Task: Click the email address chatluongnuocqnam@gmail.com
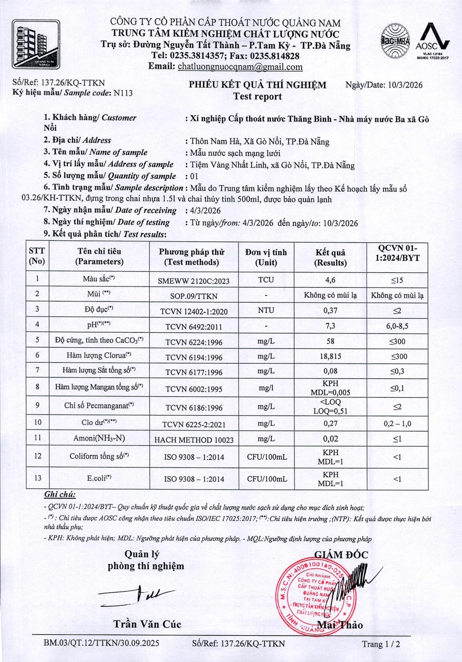tap(240, 67)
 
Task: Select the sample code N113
tap(123, 93)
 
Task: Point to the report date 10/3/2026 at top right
tap(402, 85)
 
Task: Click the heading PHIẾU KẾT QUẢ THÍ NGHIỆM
tap(257, 85)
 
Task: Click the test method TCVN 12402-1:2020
tap(194, 312)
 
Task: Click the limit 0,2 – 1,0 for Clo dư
tap(397, 424)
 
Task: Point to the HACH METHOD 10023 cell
tap(194, 440)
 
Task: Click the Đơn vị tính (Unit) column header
tap(266, 257)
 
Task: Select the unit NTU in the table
tap(266, 310)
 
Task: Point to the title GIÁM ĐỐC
tap(341, 555)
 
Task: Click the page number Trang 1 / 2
tap(381, 644)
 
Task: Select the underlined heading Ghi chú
tap(60, 495)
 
